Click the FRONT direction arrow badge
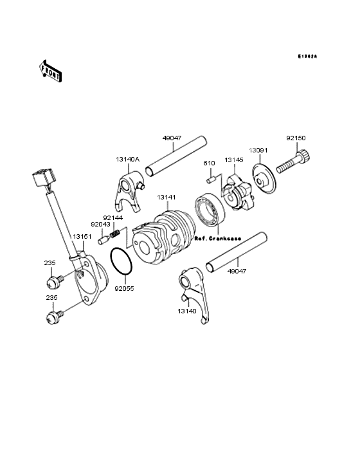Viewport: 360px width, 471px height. tap(51, 70)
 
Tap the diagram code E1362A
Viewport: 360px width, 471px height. tap(307, 57)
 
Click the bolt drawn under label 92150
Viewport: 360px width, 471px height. tap(293, 163)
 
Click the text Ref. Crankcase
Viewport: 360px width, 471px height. tap(217, 238)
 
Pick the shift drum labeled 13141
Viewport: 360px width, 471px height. tap(164, 235)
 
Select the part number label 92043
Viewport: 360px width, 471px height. tap(100, 225)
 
